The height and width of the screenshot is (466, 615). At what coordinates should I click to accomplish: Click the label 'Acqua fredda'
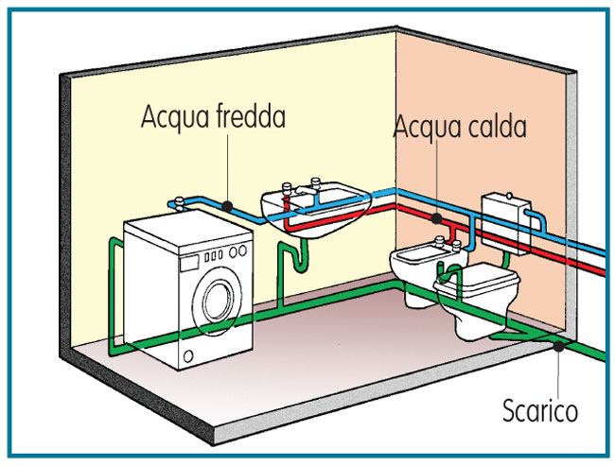[213, 118]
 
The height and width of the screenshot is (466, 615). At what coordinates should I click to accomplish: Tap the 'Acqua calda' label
[460, 126]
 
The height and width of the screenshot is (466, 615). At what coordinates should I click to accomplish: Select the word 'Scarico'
[539, 412]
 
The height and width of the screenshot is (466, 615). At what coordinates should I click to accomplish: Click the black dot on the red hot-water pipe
[436, 218]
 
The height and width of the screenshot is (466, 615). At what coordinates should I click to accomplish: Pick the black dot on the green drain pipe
[560, 346]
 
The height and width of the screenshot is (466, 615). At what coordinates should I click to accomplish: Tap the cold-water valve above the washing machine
[179, 201]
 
